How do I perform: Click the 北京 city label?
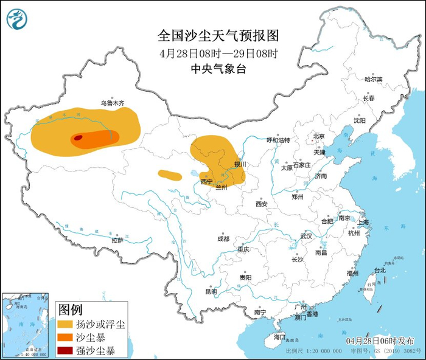coord(319,136)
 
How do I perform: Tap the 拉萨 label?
coord(117,240)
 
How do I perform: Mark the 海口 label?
coord(279,336)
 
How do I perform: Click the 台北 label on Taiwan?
coord(379,270)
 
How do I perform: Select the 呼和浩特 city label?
coord(278,140)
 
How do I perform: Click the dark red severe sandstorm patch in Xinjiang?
coord(78,138)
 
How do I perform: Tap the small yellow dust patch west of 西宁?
coord(169,175)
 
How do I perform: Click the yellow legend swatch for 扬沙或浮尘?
coord(65,324)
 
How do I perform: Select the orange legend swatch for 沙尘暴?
coord(65,337)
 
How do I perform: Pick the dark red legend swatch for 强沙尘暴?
coord(65,350)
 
